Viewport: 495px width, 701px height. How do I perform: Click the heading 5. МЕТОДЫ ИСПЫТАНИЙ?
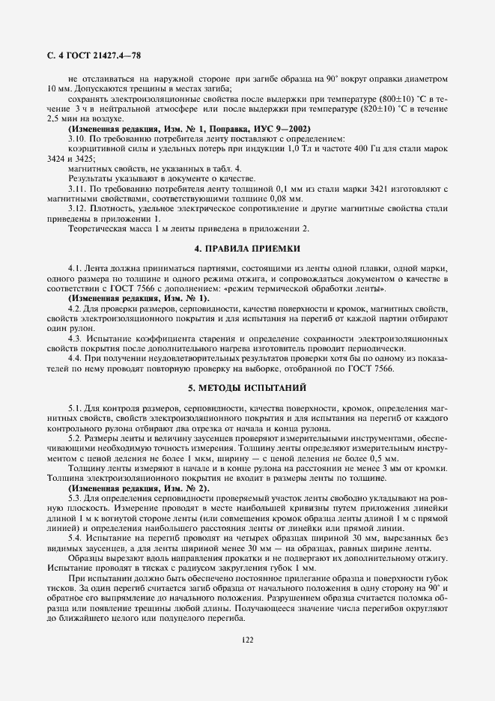pyautogui.click(x=247, y=388)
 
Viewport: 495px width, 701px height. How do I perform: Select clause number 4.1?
pyautogui.click(x=75, y=267)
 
